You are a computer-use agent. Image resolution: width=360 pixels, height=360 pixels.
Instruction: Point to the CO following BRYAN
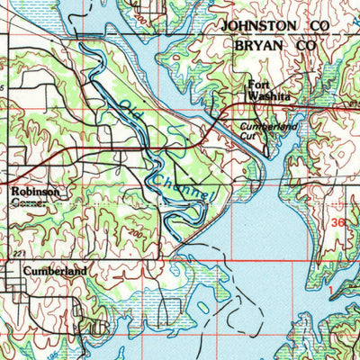pos(307,44)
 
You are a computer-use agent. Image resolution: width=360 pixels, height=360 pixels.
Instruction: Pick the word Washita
pos(270,99)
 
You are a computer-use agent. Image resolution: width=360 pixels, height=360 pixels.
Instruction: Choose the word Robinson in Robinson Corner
pos(36,192)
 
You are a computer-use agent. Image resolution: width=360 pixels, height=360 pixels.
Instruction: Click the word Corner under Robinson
pos(28,202)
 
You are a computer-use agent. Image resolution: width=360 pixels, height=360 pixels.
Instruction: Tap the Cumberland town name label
pos(55,270)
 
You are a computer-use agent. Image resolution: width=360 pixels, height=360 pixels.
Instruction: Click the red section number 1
pos(330,289)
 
